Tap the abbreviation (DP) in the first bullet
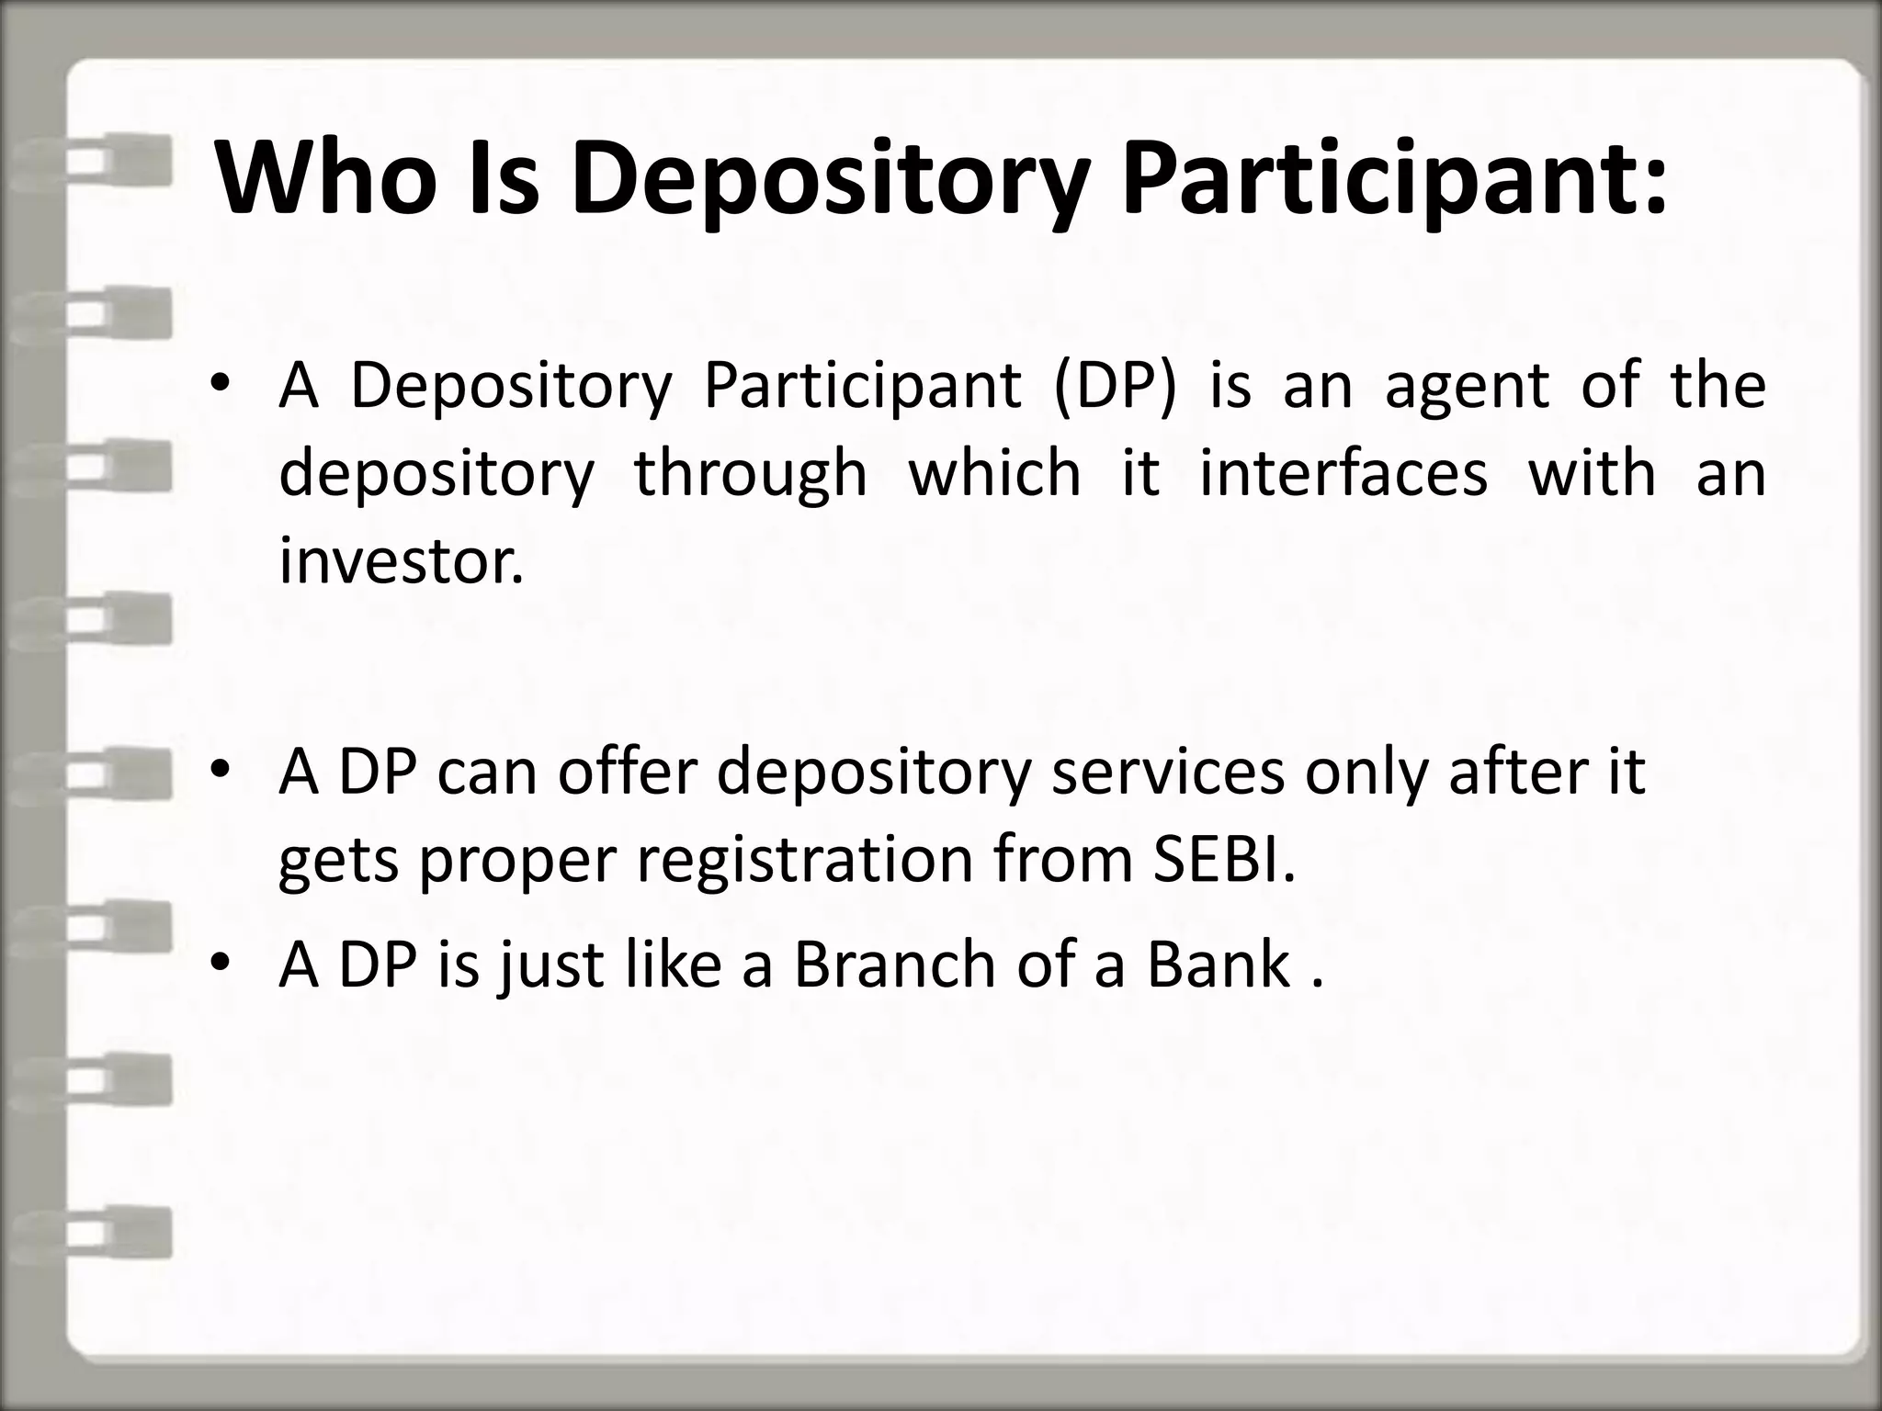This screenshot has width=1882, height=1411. click(x=1114, y=385)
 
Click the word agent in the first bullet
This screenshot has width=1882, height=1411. click(x=1467, y=385)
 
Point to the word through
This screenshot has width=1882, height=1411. click(x=750, y=474)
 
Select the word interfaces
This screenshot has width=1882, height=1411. click(x=1343, y=474)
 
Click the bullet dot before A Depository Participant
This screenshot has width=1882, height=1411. click(x=219, y=385)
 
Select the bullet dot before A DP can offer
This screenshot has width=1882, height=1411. click(x=219, y=772)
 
